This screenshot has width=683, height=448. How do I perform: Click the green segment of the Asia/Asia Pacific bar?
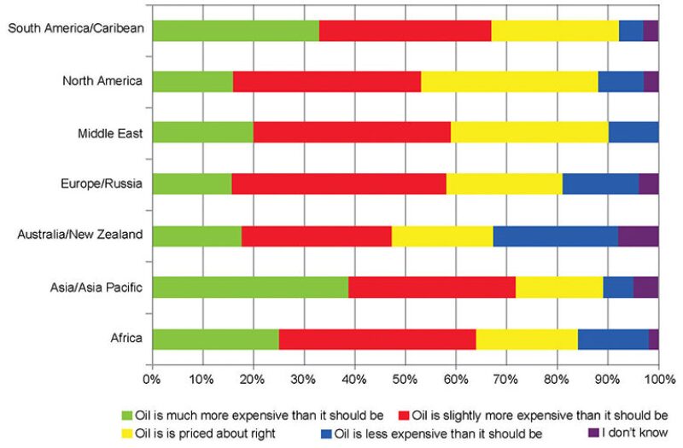(x=250, y=288)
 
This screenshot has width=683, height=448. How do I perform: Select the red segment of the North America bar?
(x=327, y=82)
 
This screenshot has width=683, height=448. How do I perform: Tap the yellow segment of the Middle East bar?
(x=530, y=133)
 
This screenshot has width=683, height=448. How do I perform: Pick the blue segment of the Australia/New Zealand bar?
(x=555, y=236)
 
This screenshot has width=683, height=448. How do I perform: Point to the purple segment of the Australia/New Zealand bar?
(x=638, y=236)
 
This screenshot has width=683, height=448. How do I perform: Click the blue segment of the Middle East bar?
(x=633, y=133)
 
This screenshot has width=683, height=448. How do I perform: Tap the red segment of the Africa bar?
(x=377, y=339)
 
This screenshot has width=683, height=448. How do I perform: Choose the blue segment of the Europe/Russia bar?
(x=600, y=184)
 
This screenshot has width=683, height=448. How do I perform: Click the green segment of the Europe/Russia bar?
(x=192, y=184)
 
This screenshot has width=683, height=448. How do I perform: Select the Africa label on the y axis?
(x=127, y=339)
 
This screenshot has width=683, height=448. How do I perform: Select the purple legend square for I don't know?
(x=594, y=433)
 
